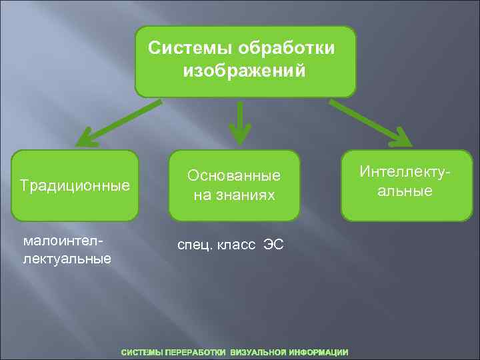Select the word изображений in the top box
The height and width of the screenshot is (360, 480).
click(x=244, y=69)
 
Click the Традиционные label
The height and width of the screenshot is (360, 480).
click(x=75, y=185)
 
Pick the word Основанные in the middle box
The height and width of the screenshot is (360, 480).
click(x=234, y=176)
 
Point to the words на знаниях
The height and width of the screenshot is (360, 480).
click(x=234, y=195)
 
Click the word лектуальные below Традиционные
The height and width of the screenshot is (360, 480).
click(x=66, y=257)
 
